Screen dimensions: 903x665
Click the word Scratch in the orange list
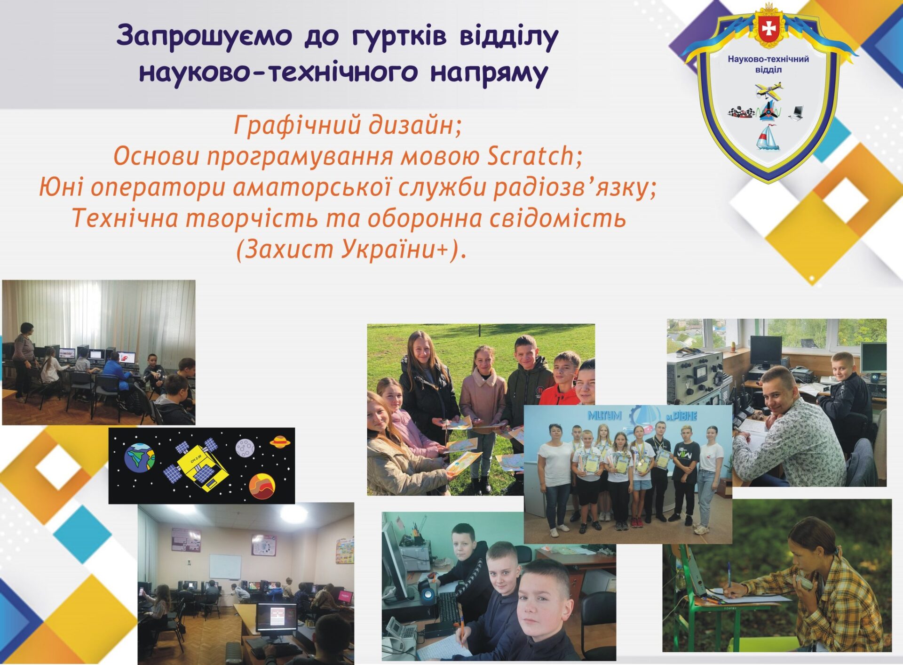[531, 156]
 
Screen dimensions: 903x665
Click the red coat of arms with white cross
[769, 28]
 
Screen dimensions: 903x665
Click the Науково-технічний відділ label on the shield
[768, 64]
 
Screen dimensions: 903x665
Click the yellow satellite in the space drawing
[196, 464]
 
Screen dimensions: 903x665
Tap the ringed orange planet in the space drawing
[281, 441]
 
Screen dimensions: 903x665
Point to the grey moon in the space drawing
[245, 448]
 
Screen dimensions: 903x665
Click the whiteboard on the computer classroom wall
[225, 567]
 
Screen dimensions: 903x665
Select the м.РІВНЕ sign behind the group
[681, 416]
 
